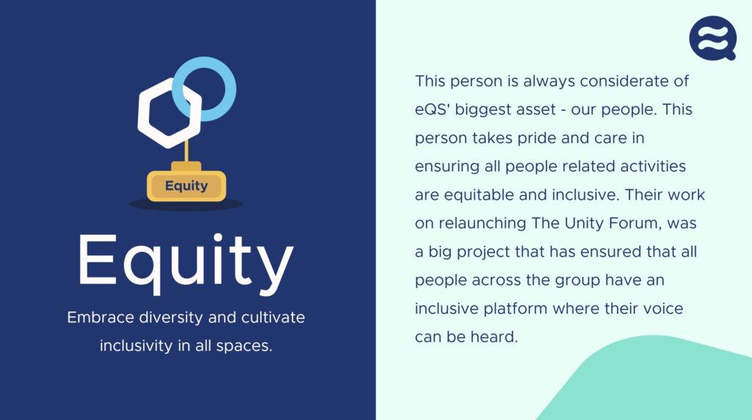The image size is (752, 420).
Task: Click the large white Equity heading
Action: tap(185, 261)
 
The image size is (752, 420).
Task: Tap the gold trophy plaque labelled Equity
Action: tap(187, 186)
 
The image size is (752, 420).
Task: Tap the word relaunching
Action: tap(485, 223)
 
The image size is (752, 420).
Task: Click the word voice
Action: tap(662, 308)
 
